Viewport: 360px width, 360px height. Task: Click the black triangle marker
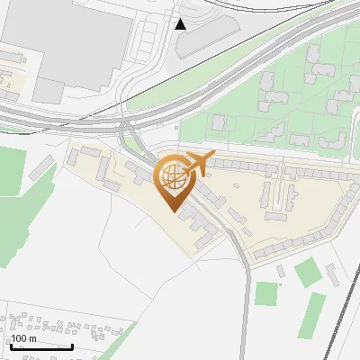(x=182, y=23)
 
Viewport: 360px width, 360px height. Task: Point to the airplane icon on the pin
(x=198, y=163)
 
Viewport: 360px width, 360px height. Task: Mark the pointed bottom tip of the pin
(x=174, y=211)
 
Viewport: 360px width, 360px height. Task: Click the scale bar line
(x=41, y=346)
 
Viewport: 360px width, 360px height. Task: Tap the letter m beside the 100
(x=33, y=339)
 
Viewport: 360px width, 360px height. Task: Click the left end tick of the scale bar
(x=11, y=346)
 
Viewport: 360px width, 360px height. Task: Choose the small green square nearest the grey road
(x=266, y=293)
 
